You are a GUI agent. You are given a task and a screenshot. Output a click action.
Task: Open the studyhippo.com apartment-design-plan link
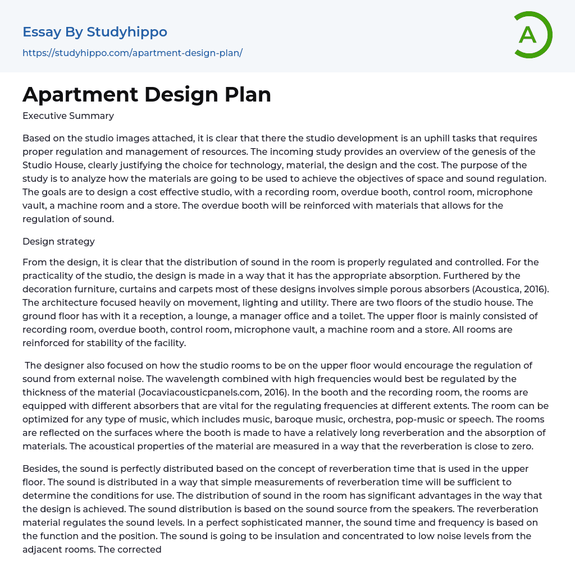click(x=133, y=53)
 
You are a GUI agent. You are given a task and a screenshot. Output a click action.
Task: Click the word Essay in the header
click(x=42, y=32)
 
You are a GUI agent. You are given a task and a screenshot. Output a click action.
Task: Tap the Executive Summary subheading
click(x=68, y=116)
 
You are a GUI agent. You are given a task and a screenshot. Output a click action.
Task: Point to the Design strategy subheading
click(x=58, y=242)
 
